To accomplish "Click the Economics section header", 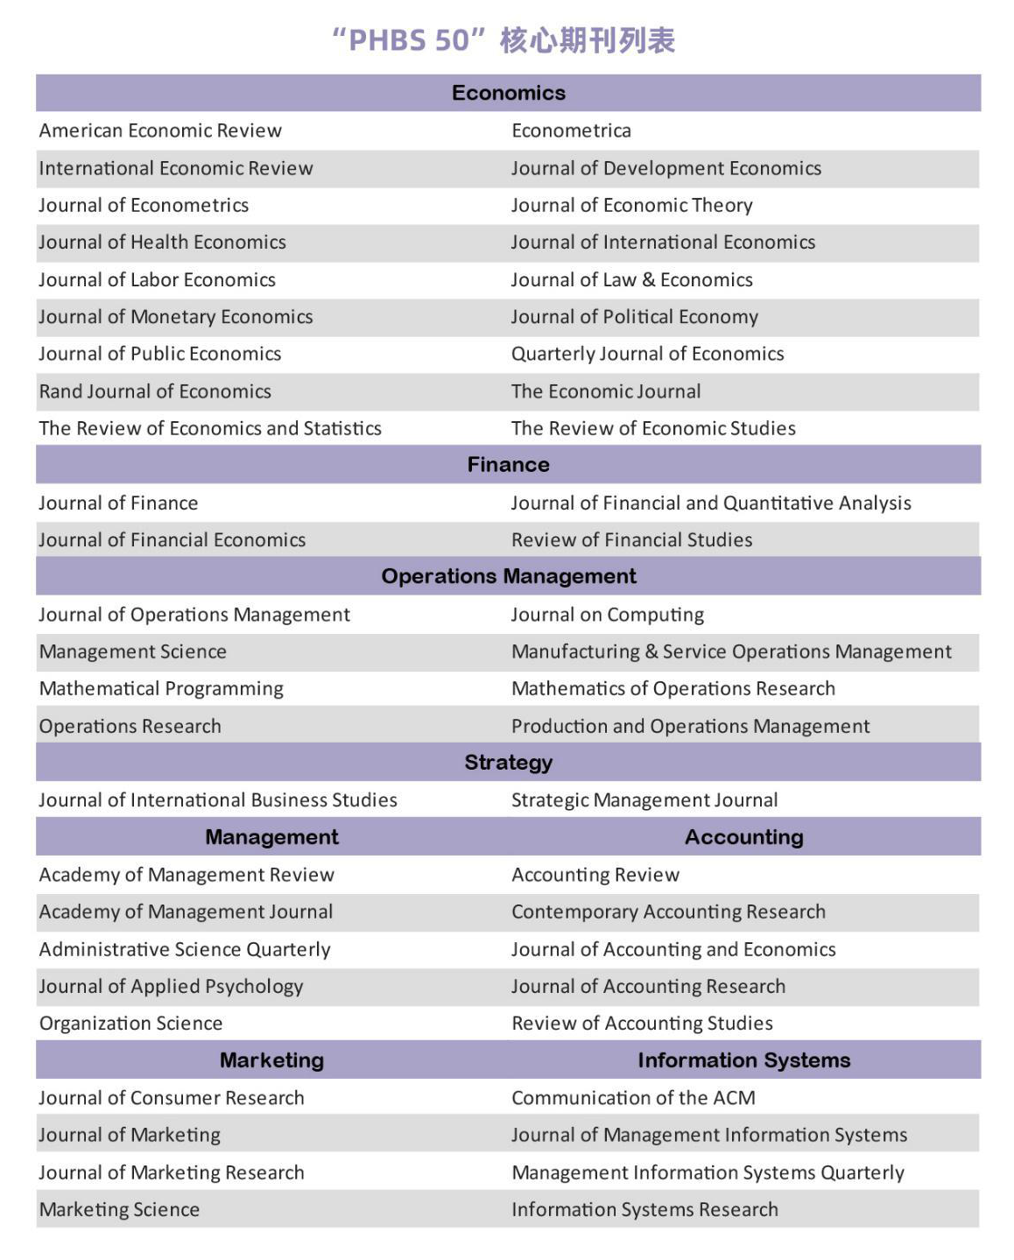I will point(508,93).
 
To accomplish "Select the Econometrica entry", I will point(571,130).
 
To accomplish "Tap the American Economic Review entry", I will point(160,130).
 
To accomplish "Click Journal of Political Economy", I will point(634,317).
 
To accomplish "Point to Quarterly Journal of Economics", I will point(647,354).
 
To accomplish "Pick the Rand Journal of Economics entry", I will point(155,391).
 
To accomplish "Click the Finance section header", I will point(508,465).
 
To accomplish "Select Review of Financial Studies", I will point(631,540).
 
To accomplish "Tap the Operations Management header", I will point(508,576).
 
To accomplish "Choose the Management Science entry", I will point(133,651).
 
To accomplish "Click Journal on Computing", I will point(607,615).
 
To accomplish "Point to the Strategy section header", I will point(508,763).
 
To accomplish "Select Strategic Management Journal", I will point(644,800).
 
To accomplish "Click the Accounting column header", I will point(743,837).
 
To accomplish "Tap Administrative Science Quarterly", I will point(185,949).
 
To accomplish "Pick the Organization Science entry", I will point(130,1024).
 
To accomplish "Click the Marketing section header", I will point(271,1060).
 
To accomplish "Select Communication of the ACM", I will point(633,1098).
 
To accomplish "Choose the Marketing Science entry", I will point(119,1210).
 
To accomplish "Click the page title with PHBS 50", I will point(503,40).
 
